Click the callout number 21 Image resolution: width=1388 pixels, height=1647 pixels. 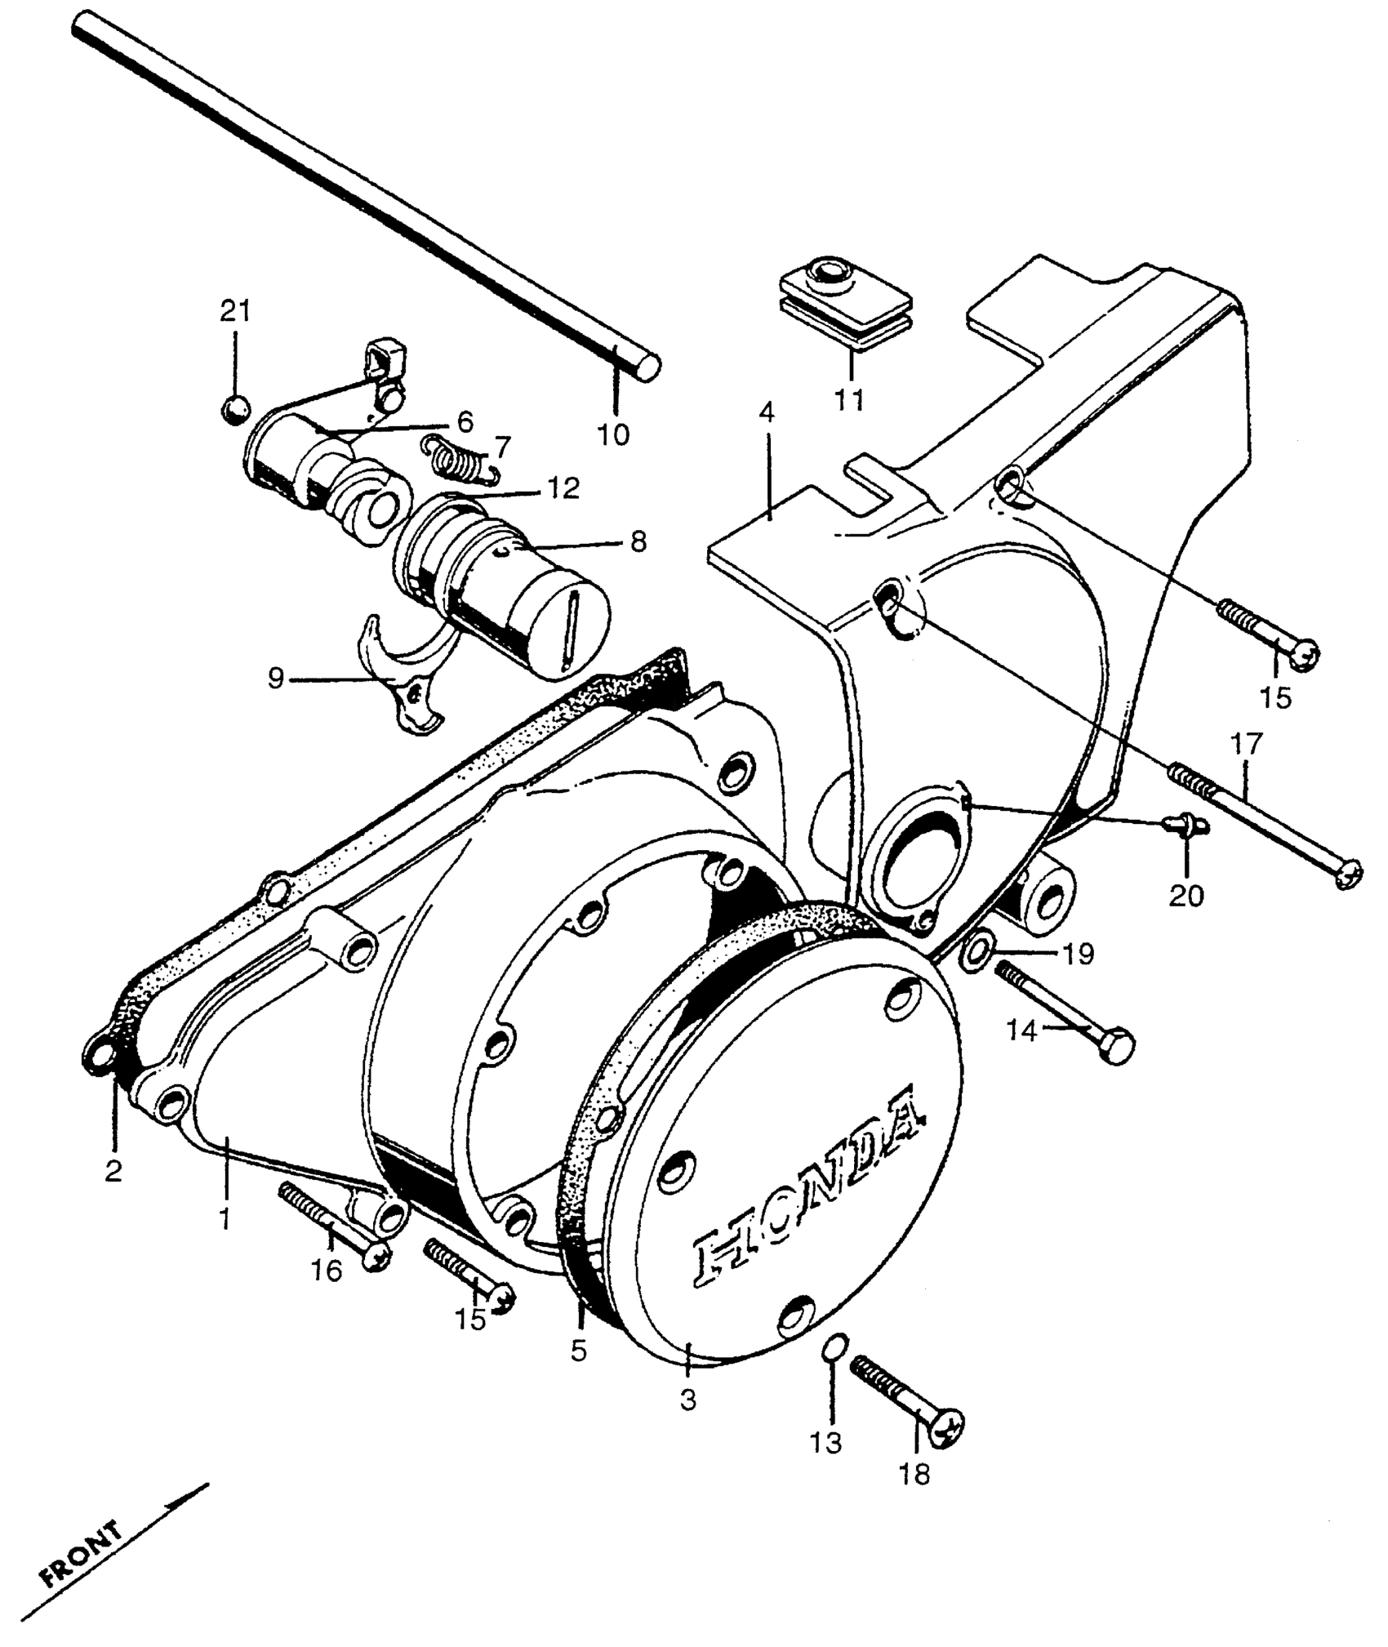234,311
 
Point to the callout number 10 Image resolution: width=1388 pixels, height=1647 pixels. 613,434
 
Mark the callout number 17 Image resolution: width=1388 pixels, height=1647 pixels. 1247,743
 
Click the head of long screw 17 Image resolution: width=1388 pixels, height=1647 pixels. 1346,875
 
